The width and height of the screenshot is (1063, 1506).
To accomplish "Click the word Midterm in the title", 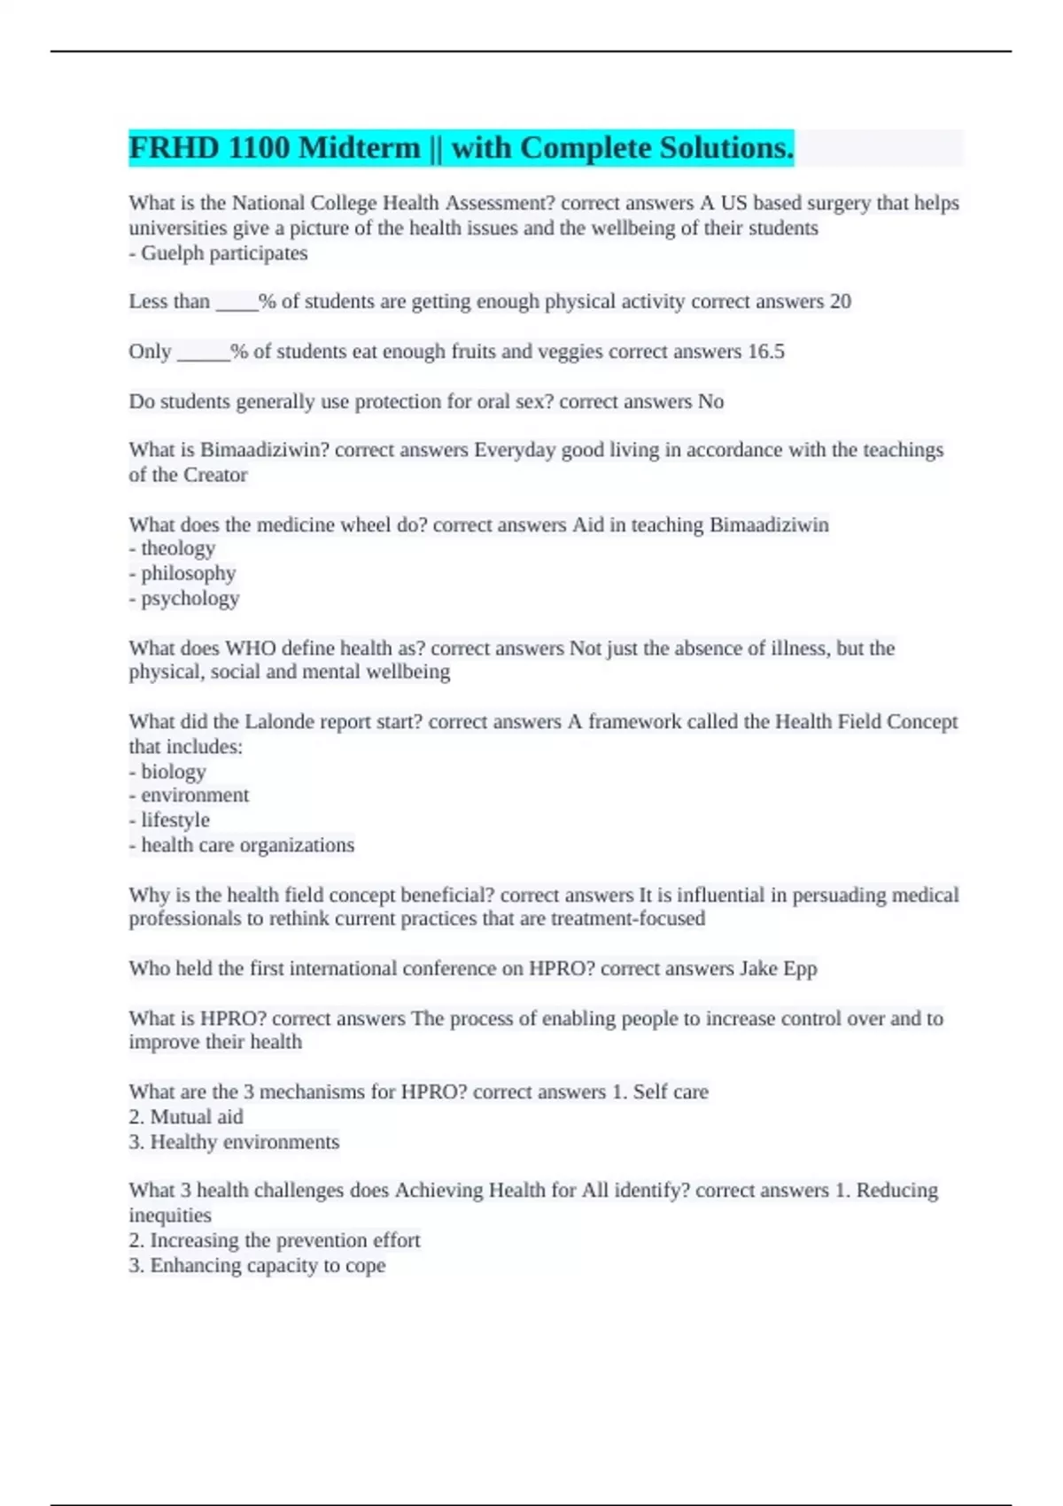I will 360,148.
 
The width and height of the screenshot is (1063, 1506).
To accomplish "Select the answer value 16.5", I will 765,352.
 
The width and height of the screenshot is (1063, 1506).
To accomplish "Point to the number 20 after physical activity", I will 840,302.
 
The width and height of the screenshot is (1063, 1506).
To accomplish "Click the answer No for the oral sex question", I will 710,402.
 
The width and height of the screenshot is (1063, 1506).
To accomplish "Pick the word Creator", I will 214,475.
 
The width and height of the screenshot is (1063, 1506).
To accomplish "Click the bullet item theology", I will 177,548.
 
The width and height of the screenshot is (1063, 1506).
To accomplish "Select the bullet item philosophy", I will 188,573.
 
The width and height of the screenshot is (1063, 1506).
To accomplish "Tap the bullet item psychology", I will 190,599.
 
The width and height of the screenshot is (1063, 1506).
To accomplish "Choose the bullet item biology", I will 173,772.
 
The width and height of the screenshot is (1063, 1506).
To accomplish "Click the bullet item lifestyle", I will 175,820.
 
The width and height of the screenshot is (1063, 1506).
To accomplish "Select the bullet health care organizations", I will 247,845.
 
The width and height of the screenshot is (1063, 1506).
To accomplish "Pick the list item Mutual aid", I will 196,1117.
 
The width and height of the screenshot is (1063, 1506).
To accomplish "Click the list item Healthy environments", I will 244,1142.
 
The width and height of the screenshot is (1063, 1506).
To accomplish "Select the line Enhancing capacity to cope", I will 267,1265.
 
